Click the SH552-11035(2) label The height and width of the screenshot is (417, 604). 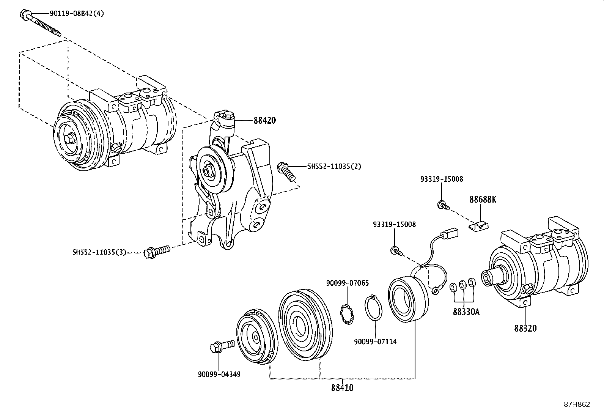tap(334, 166)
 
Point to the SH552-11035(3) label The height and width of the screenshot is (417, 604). tap(99, 252)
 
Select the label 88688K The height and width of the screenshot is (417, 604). tap(482, 199)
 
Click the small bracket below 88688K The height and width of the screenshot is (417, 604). tap(478, 227)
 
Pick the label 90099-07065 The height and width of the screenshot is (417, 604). tap(347, 283)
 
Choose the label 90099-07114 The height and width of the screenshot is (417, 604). tap(375, 341)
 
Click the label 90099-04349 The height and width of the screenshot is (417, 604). tap(219, 374)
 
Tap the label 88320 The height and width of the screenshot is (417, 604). tap(525, 328)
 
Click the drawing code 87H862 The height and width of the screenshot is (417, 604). tap(576, 404)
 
